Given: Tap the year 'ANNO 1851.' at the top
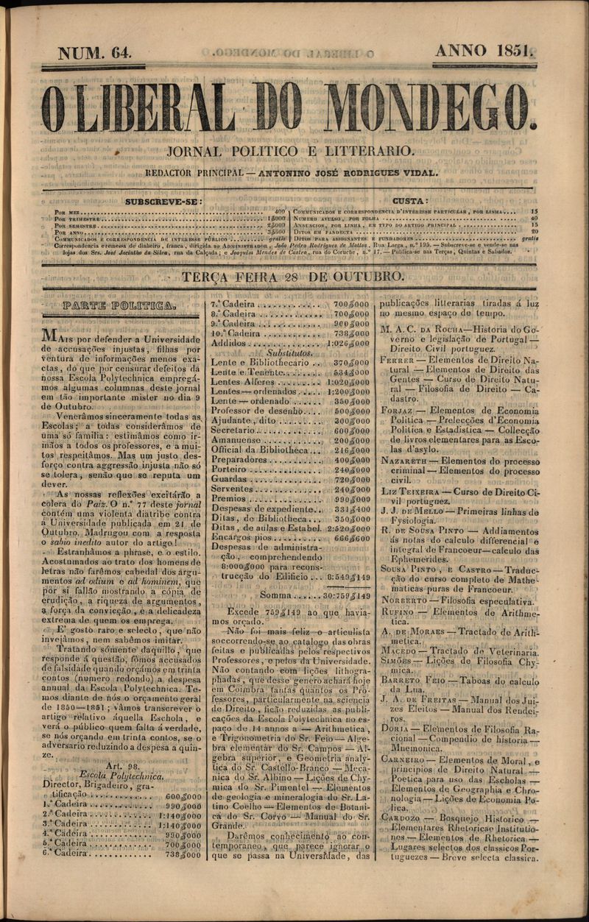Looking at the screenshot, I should pyautogui.click(x=484, y=51).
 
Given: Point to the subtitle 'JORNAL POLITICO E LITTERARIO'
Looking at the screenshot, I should pyautogui.click(x=290, y=151).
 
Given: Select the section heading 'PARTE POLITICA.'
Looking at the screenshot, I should pyautogui.click(x=119, y=305).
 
